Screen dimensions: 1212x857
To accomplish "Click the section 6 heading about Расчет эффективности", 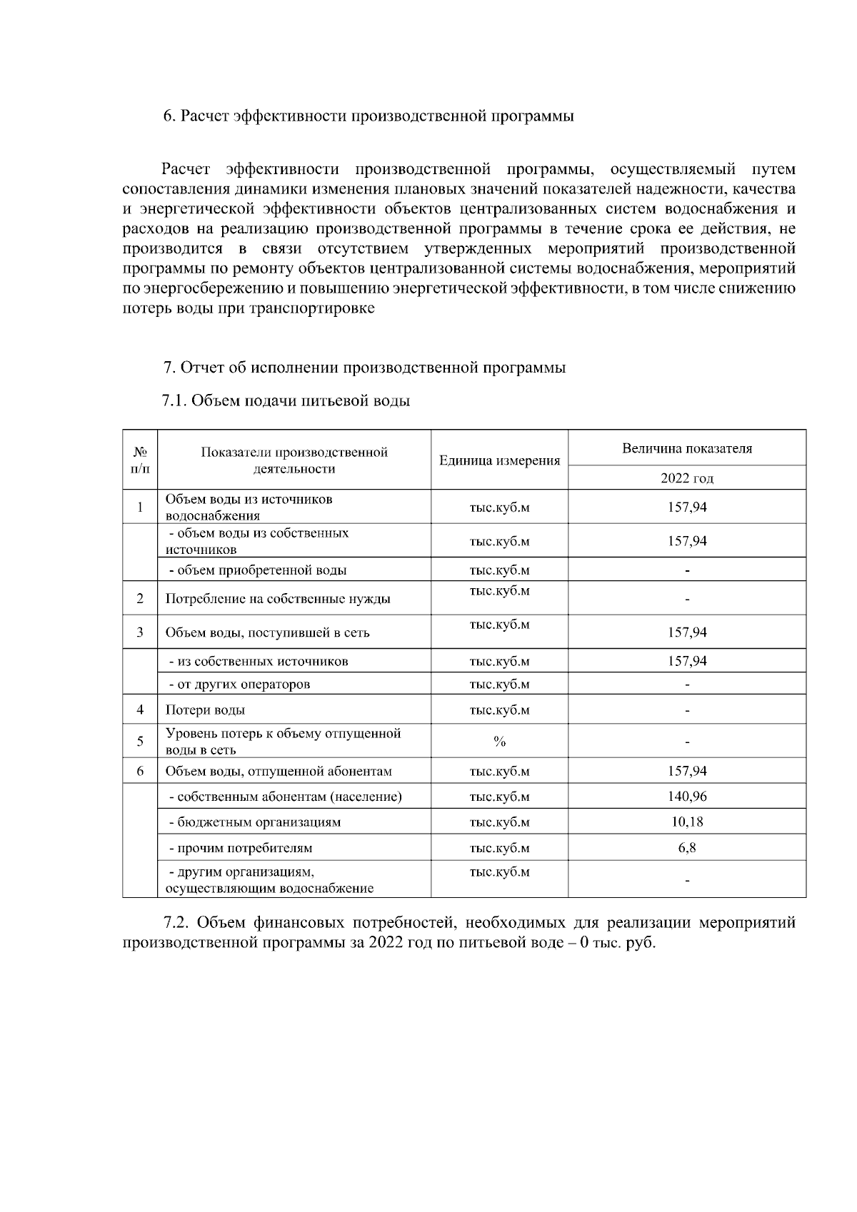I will pyautogui.click(x=369, y=116).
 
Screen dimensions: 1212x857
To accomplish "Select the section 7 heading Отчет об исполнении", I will pyautogui.click(x=364, y=368).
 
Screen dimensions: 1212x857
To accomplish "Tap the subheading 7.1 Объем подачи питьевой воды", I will pyautogui.click(x=286, y=400).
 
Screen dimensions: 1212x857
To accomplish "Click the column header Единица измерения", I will pyautogui.click(x=499, y=460).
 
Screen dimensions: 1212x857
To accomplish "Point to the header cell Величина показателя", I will pyautogui.click(x=687, y=448).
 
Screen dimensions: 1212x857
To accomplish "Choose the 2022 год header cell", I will pyautogui.click(x=687, y=478).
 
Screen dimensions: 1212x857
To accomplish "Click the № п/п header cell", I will pyautogui.click(x=140, y=460).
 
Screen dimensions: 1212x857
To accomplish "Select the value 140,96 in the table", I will pyautogui.click(x=687, y=797).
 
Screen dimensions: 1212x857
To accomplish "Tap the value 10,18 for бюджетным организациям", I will pyautogui.click(x=687, y=822).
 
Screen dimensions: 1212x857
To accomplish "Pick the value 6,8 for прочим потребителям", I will pyautogui.click(x=687, y=848).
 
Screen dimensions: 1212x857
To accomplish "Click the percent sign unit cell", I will pyautogui.click(x=499, y=742).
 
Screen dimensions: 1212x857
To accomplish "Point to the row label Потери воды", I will pyautogui.click(x=206, y=710).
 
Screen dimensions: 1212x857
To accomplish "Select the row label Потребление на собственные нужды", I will pyautogui.click(x=278, y=599).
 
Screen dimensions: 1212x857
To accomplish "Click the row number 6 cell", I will pyautogui.click(x=140, y=771).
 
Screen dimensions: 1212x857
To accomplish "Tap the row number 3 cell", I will pyautogui.click(x=140, y=632).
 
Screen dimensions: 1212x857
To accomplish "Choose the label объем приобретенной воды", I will pyautogui.click(x=258, y=570).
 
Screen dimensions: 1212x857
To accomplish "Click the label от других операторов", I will pyautogui.click(x=239, y=685).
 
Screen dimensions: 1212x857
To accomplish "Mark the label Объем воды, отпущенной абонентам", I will pyautogui.click(x=279, y=772).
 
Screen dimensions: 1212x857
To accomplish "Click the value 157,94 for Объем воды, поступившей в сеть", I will pyautogui.click(x=687, y=632).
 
